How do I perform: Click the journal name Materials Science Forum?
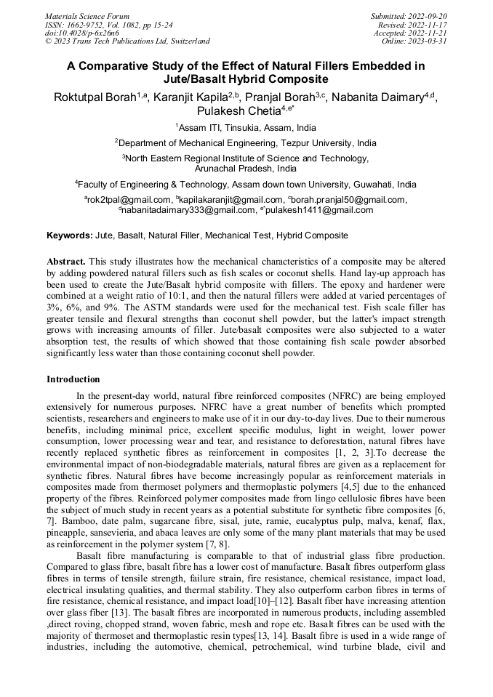(x=87, y=16)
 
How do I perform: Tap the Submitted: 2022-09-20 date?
(x=409, y=16)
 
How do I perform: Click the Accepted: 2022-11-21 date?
(x=410, y=33)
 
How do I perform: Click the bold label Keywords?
(x=70, y=235)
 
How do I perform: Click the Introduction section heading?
(x=73, y=379)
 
